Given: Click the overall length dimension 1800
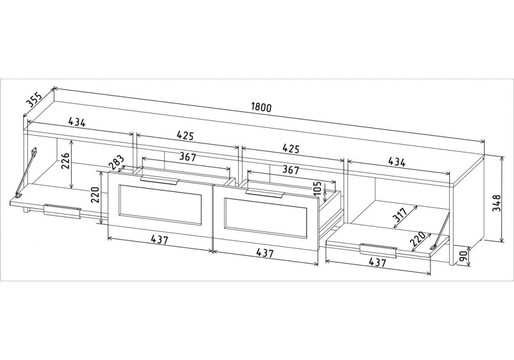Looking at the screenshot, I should tap(261, 107).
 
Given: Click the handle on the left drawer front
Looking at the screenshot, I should tap(159, 178).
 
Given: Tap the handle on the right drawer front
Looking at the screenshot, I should tap(264, 192).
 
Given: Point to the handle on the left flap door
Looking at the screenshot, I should tap(62, 211).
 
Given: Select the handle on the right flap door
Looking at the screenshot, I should tap(379, 249).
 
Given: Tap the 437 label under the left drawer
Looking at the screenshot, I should tap(160, 239).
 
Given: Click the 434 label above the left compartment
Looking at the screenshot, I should tap(76, 122).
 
